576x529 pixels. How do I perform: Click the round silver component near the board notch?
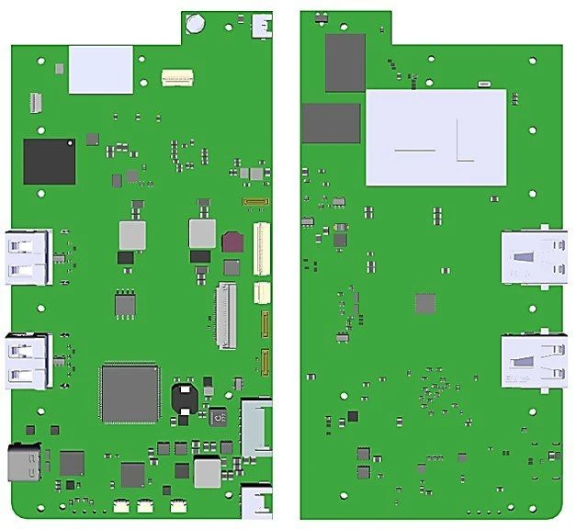[195, 23]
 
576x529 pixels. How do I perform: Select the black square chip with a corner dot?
[50, 162]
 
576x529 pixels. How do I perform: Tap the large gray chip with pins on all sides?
[130, 393]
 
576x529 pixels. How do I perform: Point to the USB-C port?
[24, 463]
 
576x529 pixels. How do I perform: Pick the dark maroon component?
[232, 242]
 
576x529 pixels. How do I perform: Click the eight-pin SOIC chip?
[126, 305]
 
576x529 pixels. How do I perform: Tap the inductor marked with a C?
[218, 419]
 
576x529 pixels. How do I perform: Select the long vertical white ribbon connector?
[263, 249]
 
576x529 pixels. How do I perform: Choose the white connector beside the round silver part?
[262, 25]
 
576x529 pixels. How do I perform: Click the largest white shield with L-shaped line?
[436, 137]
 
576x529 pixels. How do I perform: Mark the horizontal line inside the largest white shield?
[413, 150]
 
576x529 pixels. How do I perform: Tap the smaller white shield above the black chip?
[101, 70]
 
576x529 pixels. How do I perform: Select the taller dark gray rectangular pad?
[345, 63]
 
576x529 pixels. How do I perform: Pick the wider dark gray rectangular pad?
[331, 123]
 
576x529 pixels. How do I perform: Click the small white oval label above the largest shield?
[483, 84]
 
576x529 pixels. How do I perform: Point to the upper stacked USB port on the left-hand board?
[27, 256]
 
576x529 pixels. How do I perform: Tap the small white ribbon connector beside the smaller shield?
[177, 78]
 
